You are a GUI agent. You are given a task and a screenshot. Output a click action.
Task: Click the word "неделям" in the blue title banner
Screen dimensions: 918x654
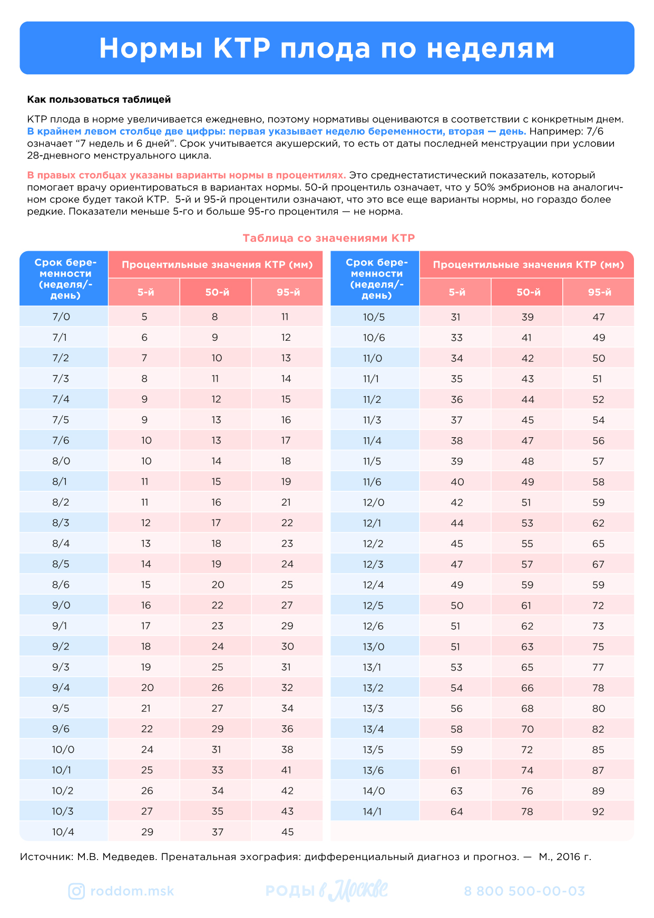tap(490, 48)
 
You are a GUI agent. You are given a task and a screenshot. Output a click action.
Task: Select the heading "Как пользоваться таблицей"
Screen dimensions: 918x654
tap(99, 100)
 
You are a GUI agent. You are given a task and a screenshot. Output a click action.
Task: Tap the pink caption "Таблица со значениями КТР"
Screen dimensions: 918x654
tap(328, 238)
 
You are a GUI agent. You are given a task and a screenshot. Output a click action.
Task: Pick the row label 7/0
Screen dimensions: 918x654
tap(61, 317)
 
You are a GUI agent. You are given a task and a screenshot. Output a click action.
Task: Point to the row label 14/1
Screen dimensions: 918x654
tap(372, 812)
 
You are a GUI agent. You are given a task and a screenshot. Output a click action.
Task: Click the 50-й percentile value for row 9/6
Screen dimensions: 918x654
tap(217, 729)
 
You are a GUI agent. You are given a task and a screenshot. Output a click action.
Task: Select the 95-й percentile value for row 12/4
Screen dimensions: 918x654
tap(598, 585)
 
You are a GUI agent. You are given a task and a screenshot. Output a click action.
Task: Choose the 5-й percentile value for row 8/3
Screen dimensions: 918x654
tap(145, 523)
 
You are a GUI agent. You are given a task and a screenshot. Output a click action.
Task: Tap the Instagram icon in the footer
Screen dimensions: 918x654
tap(76, 891)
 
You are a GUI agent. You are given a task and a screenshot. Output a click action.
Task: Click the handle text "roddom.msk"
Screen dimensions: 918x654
tap(132, 891)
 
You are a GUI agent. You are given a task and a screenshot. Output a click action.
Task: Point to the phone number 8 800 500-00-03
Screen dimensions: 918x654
tap(524, 891)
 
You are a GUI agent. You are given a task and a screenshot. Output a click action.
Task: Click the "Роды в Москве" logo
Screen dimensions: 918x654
tap(327, 891)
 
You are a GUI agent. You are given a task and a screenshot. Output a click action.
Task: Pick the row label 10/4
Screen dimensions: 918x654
tap(63, 832)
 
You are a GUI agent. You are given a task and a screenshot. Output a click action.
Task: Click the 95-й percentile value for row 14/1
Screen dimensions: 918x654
tap(598, 812)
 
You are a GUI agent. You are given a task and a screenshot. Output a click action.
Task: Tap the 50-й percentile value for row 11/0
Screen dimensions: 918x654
tap(528, 359)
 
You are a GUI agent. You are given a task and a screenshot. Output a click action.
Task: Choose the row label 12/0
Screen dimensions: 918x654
tap(374, 502)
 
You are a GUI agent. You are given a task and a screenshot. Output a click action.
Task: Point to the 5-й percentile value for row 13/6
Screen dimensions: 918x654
tap(456, 771)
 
